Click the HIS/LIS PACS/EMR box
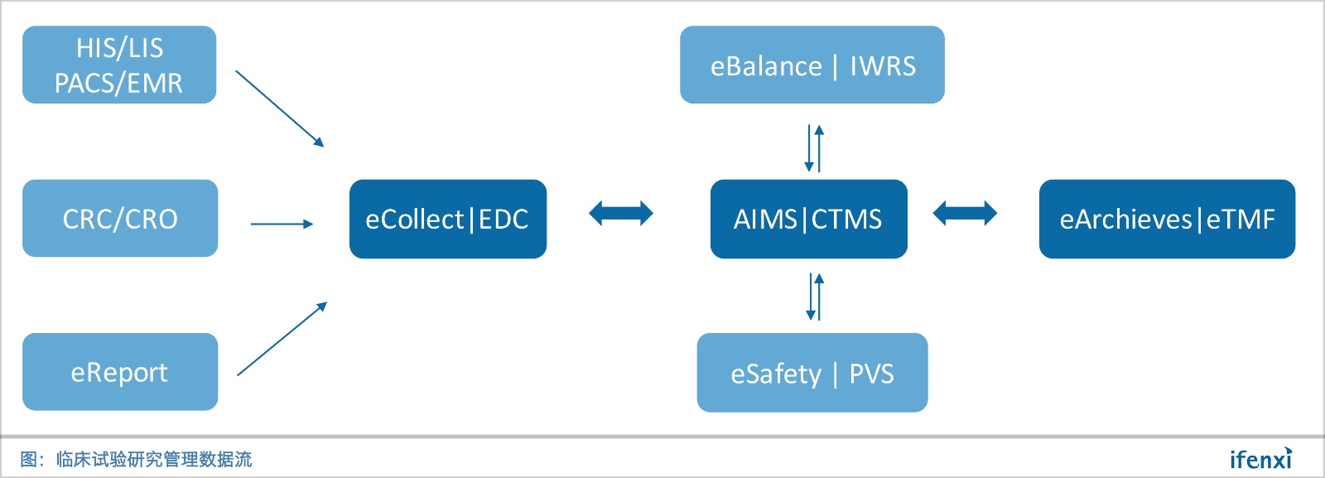point(119,65)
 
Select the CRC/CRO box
point(120,219)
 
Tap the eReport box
point(120,372)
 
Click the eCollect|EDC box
point(447,219)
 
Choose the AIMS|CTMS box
point(808,219)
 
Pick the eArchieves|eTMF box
point(1166,219)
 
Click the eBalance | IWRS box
point(812,65)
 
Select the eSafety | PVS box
point(812,373)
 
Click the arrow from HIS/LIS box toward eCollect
point(280,109)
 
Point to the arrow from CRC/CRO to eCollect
point(282,224)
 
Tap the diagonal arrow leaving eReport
point(282,339)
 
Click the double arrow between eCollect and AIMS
point(621,214)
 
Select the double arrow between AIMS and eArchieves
point(965,214)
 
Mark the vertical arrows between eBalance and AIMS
point(814,148)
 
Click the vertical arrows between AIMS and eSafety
point(815,297)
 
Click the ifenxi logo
point(1260,458)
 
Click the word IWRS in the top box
point(883,66)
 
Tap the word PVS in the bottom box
point(871,374)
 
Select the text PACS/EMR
point(118,83)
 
